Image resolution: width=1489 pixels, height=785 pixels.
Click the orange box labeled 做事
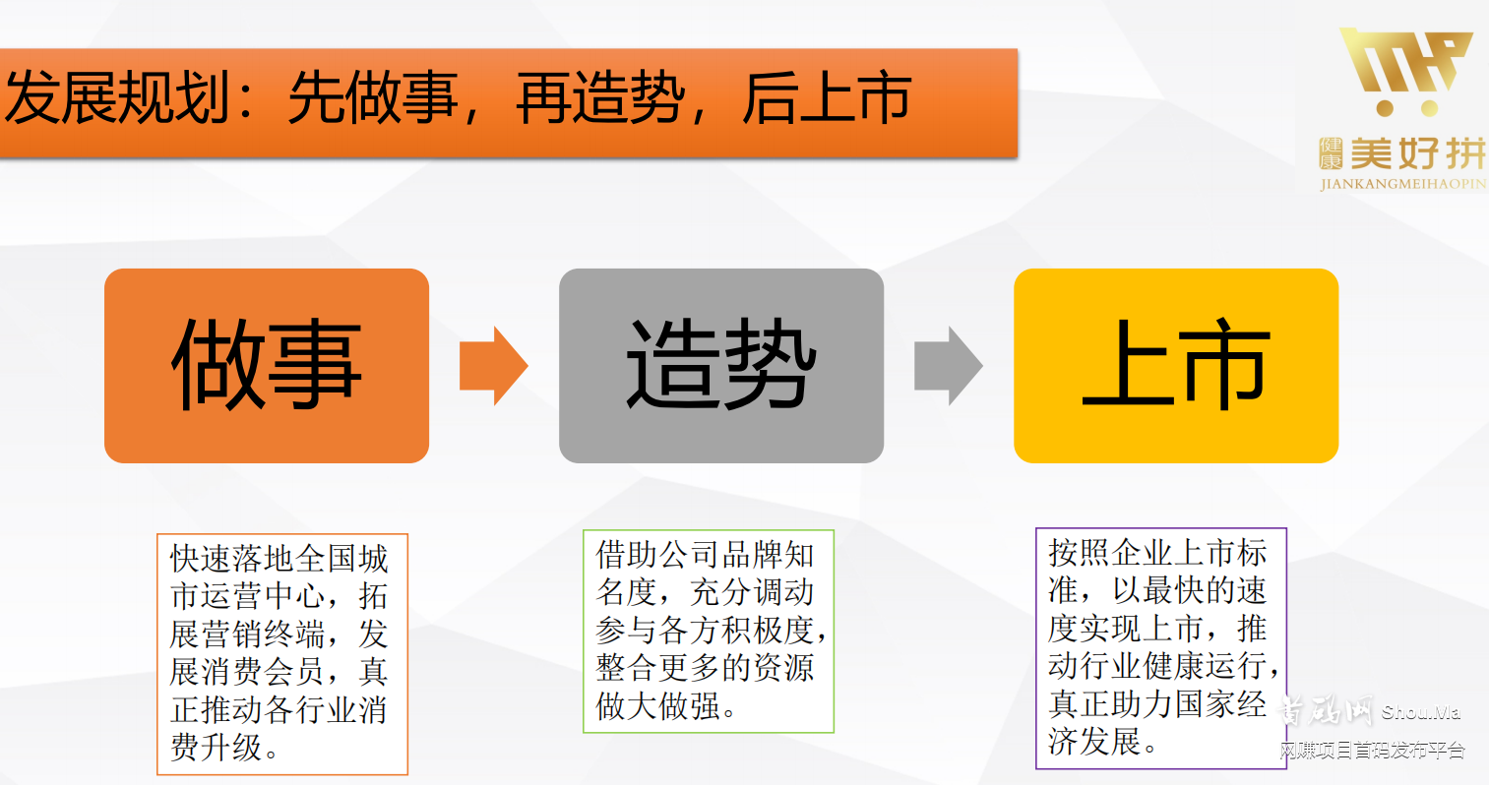tap(267, 366)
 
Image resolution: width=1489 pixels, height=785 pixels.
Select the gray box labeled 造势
tap(721, 366)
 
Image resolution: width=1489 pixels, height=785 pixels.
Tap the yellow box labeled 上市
tap(1176, 366)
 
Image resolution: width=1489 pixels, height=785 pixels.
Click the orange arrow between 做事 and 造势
tap(493, 366)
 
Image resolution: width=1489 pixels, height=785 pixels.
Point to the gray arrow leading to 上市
tap(948, 366)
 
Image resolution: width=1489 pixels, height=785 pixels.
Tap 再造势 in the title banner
tap(600, 99)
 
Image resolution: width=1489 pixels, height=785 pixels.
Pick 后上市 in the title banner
tap(827, 99)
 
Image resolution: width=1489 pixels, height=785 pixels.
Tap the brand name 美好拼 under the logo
tap(1417, 154)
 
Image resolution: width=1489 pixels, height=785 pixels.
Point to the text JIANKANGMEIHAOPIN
tap(1403, 184)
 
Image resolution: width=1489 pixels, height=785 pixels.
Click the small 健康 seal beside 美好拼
tap(1331, 154)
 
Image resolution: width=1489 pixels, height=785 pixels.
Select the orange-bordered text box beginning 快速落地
tap(282, 654)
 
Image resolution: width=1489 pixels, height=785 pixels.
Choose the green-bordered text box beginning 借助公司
tap(709, 632)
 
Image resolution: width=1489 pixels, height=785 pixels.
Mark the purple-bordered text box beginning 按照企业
tap(1161, 648)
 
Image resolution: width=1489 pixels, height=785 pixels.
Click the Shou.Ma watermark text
tap(1420, 712)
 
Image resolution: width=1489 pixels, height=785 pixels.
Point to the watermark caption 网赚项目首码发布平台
tap(1372, 751)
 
